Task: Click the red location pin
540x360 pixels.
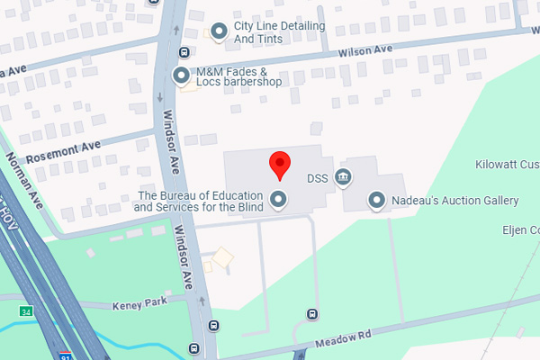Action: point(280,164)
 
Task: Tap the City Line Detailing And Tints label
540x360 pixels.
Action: point(279,32)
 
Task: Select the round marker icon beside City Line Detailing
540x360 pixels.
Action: point(218,32)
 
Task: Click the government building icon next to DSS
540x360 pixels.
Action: point(343,177)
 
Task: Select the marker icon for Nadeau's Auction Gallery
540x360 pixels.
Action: point(377,200)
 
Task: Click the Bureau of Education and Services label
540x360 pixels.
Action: point(198,201)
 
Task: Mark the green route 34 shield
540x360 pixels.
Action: point(26,310)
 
